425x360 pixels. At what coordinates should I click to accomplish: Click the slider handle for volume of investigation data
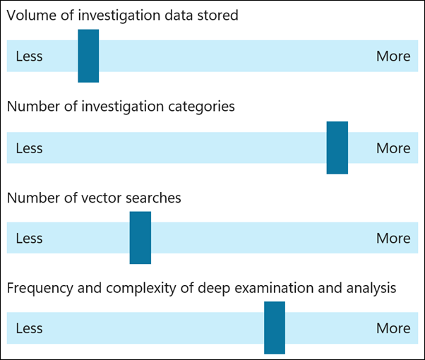(88, 56)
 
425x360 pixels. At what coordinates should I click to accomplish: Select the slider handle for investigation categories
(337, 148)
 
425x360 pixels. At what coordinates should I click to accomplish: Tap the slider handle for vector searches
(140, 238)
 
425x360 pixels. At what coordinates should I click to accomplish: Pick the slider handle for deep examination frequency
(275, 328)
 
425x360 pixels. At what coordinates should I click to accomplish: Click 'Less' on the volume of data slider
(29, 56)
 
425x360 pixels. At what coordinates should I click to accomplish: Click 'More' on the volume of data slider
(393, 56)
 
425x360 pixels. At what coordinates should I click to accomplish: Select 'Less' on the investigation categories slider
(29, 148)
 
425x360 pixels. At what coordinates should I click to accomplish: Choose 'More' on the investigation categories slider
(393, 148)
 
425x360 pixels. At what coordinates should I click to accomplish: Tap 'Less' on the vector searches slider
(29, 239)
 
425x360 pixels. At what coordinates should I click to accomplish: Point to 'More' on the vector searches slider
(393, 239)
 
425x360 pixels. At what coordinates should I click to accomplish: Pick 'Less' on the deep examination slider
(29, 328)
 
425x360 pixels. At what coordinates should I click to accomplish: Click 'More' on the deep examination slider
(393, 328)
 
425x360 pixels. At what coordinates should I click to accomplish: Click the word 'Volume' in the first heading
(30, 15)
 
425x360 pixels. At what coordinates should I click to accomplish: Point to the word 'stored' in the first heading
(219, 15)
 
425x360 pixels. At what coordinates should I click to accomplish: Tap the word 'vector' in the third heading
(103, 198)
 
